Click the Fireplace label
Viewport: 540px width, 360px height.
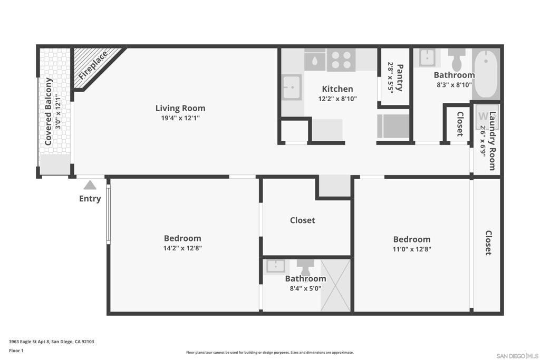pyautogui.click(x=93, y=65)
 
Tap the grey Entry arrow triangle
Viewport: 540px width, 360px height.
pyautogui.click(x=90, y=185)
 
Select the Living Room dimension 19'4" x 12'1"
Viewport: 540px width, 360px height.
pyautogui.click(x=180, y=118)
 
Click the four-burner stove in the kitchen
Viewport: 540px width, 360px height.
pyautogui.click(x=341, y=60)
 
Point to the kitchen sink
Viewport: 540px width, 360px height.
pyautogui.click(x=292, y=87)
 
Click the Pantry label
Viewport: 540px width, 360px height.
pyautogui.click(x=400, y=77)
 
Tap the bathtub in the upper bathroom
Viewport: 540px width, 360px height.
pyautogui.click(x=486, y=74)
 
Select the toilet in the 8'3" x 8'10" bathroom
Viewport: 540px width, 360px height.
pyautogui.click(x=457, y=59)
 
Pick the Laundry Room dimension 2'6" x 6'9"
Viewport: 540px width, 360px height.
pyautogui.click(x=483, y=141)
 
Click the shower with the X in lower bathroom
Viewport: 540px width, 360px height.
pyautogui.click(x=335, y=285)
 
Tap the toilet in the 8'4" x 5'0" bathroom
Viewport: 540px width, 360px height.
pyautogui.click(x=305, y=267)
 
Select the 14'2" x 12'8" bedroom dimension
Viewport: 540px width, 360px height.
pyautogui.click(x=182, y=248)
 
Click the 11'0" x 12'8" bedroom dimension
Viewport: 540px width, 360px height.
pyautogui.click(x=412, y=249)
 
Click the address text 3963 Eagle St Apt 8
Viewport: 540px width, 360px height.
pyautogui.click(x=30, y=342)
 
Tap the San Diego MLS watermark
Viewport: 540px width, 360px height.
pyautogui.click(x=517, y=356)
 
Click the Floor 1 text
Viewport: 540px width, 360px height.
pyautogui.click(x=16, y=351)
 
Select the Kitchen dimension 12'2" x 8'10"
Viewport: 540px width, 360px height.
pyautogui.click(x=337, y=99)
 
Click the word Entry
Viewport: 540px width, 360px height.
pyautogui.click(x=90, y=199)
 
